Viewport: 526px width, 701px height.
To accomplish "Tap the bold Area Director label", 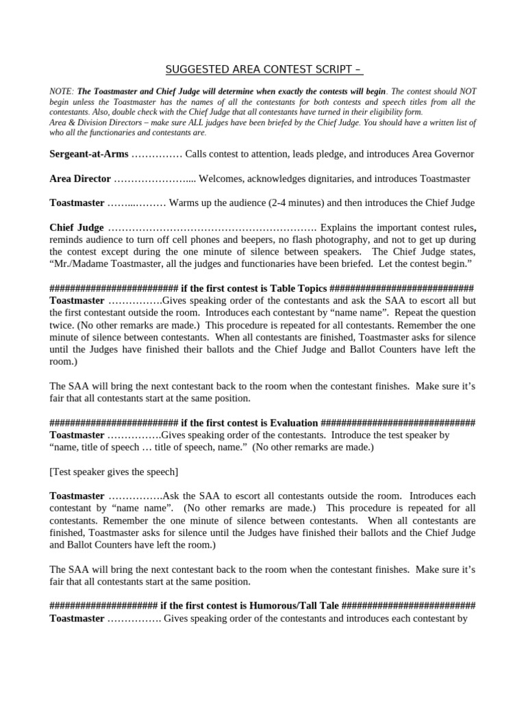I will pyautogui.click(x=80, y=179).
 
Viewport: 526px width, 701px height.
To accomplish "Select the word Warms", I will pyautogui.click(x=184, y=203).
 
